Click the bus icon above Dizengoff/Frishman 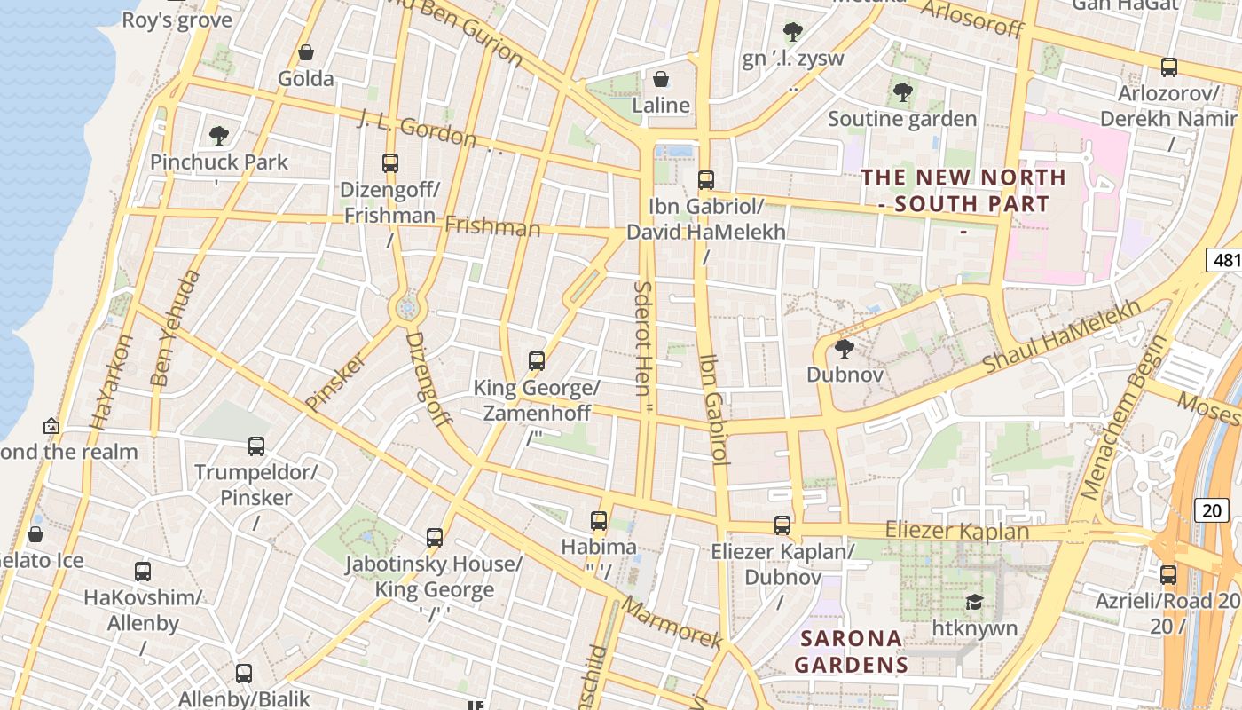point(390,162)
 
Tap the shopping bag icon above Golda point(306,52)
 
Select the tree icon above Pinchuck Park point(219,136)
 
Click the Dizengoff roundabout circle point(408,308)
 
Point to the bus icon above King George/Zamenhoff point(537,360)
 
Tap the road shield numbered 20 point(1212,509)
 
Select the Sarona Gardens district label point(851,651)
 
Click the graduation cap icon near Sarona point(973,603)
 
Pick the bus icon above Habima point(599,520)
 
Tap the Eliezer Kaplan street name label point(957,531)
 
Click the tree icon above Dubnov point(845,348)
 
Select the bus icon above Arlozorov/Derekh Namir point(1169,67)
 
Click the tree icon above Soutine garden point(902,91)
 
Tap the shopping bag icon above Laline point(661,79)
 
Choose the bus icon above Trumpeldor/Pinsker point(256,446)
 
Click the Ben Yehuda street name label point(174,328)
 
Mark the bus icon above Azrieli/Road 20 point(1168,574)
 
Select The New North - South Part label point(964,190)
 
